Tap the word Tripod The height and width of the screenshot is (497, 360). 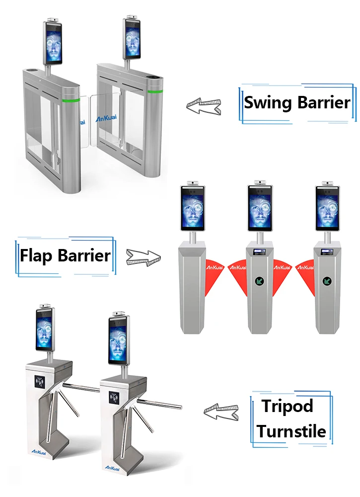coord(288,406)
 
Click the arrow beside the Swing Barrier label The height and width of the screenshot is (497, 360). coord(204,105)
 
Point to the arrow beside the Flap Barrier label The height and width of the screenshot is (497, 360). coord(144,257)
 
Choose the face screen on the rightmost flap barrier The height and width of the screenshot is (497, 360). coord(328,209)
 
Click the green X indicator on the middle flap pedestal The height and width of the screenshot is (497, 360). coord(259,281)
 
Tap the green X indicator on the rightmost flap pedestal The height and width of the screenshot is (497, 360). coord(327,281)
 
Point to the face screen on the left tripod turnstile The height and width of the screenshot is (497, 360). coord(44,330)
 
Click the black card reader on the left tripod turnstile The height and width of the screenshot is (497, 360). coord(39,381)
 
